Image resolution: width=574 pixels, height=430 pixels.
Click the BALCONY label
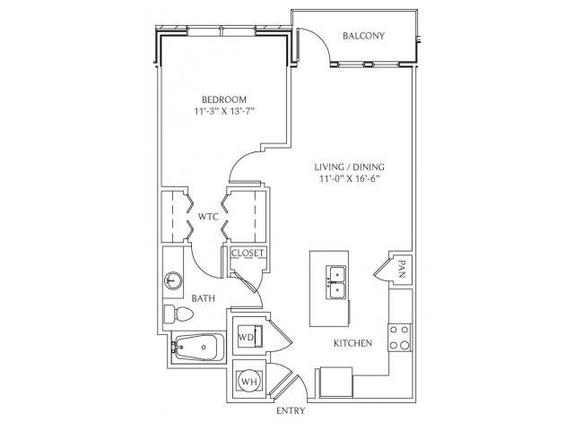[363, 36]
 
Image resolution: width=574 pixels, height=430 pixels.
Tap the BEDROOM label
[224, 99]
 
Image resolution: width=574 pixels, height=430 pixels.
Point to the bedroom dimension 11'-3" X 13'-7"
[224, 111]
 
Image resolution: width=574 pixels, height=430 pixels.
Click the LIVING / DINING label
[349, 168]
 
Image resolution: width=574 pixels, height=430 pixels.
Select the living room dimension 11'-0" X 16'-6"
[349, 179]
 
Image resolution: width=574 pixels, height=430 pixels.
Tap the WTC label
[208, 217]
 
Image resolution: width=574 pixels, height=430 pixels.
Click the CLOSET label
[248, 253]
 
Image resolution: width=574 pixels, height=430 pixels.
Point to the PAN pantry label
[402, 269]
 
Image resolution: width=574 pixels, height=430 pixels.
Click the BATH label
[204, 298]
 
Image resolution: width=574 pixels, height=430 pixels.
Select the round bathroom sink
[173, 280]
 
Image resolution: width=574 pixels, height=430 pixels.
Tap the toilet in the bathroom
[178, 314]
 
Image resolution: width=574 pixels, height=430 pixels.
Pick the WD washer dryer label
[246, 337]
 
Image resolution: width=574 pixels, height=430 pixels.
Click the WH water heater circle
[250, 382]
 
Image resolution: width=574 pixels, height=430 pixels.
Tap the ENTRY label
[291, 410]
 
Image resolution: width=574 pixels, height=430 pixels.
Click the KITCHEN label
[352, 343]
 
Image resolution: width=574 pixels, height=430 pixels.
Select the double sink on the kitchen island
[335, 282]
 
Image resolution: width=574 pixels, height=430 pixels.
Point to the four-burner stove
[400, 337]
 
